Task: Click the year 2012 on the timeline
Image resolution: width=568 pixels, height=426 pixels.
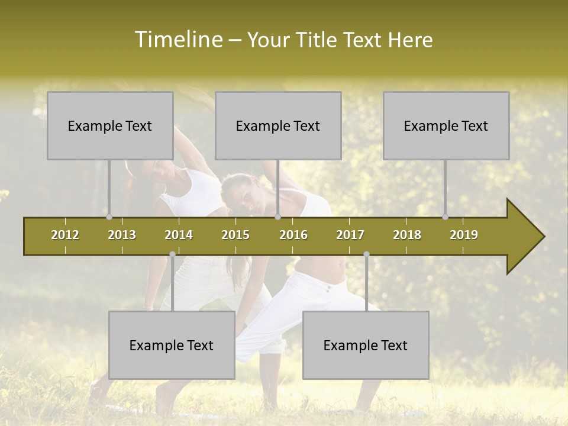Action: point(65,235)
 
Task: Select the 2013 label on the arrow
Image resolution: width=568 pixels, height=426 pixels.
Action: point(122,235)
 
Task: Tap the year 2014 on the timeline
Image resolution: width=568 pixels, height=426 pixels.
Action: point(179,235)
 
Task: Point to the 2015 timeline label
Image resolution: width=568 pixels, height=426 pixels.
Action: point(235,235)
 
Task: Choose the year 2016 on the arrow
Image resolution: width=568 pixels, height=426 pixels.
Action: point(293,235)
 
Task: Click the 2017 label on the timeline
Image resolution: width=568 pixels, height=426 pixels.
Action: point(350,235)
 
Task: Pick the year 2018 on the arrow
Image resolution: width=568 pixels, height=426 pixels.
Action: point(407,235)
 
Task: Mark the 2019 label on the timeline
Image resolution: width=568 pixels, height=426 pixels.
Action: point(464,235)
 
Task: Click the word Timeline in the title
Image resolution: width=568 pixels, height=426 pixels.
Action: point(177,40)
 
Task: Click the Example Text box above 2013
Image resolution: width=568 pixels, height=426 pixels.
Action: point(110,125)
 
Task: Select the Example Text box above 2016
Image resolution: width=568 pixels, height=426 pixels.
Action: point(278,125)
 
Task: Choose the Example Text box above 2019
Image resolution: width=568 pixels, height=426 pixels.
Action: point(446,125)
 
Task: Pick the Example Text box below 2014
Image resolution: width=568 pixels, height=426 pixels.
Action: point(172,345)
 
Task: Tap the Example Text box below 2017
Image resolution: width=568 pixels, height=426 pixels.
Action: point(366,345)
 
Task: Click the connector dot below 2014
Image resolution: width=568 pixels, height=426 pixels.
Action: point(172,254)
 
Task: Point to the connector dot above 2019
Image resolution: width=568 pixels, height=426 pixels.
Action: point(446,217)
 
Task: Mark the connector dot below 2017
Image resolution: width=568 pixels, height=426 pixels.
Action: point(366,254)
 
